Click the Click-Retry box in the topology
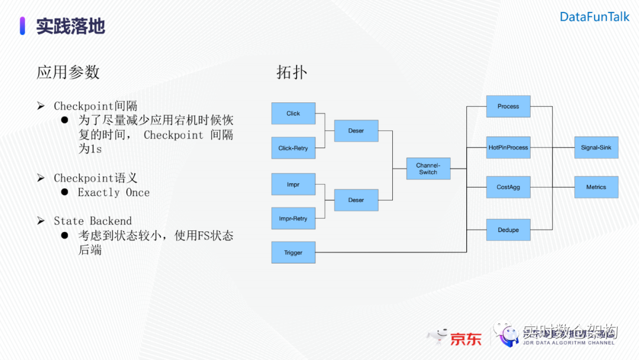click(293, 148)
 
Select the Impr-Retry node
click(293, 218)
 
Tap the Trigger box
click(293, 253)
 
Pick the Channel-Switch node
click(428, 169)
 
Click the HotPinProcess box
click(508, 147)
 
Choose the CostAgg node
click(508, 187)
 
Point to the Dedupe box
click(508, 230)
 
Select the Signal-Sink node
click(596, 147)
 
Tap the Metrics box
click(596, 187)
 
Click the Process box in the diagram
click(508, 107)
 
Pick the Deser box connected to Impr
click(356, 200)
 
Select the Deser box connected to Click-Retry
click(356, 131)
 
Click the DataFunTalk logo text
click(595, 17)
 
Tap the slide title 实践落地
click(70, 26)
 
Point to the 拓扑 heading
click(292, 72)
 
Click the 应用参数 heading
click(68, 72)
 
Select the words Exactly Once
click(114, 192)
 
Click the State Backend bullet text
click(93, 221)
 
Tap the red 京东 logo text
click(466, 339)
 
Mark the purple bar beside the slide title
click(22, 26)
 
